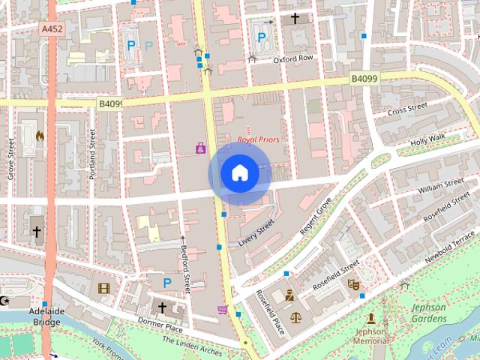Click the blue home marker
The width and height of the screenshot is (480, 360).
click(239, 173)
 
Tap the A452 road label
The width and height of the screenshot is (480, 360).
click(52, 28)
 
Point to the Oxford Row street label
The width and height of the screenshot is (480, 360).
click(292, 58)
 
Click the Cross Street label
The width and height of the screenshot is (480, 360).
click(406, 109)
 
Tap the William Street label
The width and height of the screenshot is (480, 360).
click(443, 185)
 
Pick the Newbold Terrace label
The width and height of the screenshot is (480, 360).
click(449, 246)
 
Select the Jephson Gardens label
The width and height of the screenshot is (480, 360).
click(428, 313)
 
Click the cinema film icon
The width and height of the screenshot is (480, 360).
click(103, 287)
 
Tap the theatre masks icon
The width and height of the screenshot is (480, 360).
click(353, 284)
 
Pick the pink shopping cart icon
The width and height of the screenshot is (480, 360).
click(222, 309)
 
